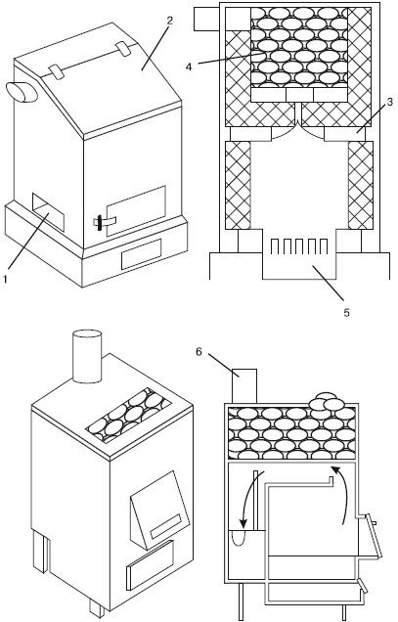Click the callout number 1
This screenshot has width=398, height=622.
coord(5,279)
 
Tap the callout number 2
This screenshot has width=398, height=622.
coord(169,21)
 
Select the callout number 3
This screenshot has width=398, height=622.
coord(389,102)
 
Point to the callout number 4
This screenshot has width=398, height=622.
coord(189,67)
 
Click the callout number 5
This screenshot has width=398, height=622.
coord(347,313)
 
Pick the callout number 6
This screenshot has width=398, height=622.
coord(199,351)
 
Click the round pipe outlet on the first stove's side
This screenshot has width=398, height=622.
coord(22,93)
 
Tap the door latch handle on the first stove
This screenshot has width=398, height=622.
coord(100,223)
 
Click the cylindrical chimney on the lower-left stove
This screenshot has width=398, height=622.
coord(87,356)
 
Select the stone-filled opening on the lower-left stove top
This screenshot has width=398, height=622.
coord(128,416)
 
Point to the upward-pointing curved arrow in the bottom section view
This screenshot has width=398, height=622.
coord(340,496)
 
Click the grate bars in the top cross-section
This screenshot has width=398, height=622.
coord(299,246)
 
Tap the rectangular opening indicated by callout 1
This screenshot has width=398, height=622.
coord(48,212)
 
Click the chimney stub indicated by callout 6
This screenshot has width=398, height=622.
coord(244,386)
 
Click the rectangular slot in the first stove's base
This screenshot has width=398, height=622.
coord(141,254)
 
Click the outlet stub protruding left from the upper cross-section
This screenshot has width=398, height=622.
coord(206,19)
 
